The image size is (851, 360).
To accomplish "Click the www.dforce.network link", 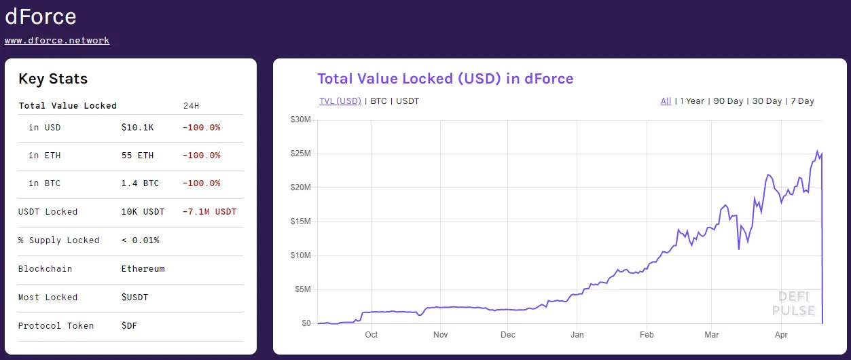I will click(57, 40).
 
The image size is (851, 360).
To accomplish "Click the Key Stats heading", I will click(53, 79).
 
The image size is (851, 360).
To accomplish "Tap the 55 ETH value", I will click(137, 156).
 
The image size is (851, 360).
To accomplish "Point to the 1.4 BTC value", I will click(140, 183).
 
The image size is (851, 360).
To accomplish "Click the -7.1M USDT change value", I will click(209, 212).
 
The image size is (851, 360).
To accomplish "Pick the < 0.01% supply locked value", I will click(141, 240).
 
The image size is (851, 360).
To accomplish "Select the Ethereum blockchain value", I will click(143, 269).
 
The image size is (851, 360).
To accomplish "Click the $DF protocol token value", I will click(129, 326).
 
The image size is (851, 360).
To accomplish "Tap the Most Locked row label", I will click(48, 298).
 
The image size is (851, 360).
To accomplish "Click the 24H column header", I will click(192, 106).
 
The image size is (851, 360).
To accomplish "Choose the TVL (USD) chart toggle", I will click(340, 101).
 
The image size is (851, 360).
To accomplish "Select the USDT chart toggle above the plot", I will click(408, 101).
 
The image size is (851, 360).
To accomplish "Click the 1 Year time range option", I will click(692, 101).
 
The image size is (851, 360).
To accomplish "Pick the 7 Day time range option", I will click(801, 101).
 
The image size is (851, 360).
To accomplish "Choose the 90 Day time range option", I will click(727, 101).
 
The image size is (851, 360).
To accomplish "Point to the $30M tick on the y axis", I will click(300, 120).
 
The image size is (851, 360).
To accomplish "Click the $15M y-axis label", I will click(300, 221).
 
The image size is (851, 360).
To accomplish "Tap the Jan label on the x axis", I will click(577, 335).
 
